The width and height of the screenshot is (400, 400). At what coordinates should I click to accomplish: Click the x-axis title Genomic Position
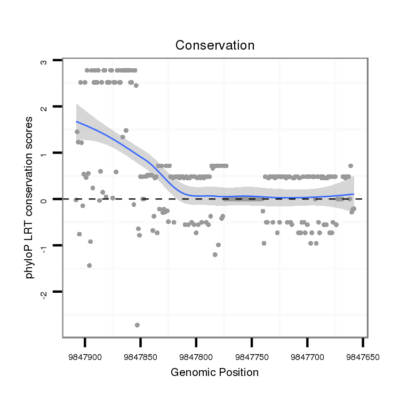tap(215, 372)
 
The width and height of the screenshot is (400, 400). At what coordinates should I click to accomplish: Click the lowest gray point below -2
tap(137, 325)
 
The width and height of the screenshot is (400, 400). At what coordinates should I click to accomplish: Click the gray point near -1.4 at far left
tap(89, 265)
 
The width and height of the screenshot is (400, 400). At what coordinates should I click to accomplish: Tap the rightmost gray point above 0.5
tap(350, 166)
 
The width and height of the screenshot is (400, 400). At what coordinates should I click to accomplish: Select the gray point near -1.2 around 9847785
tap(215, 254)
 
